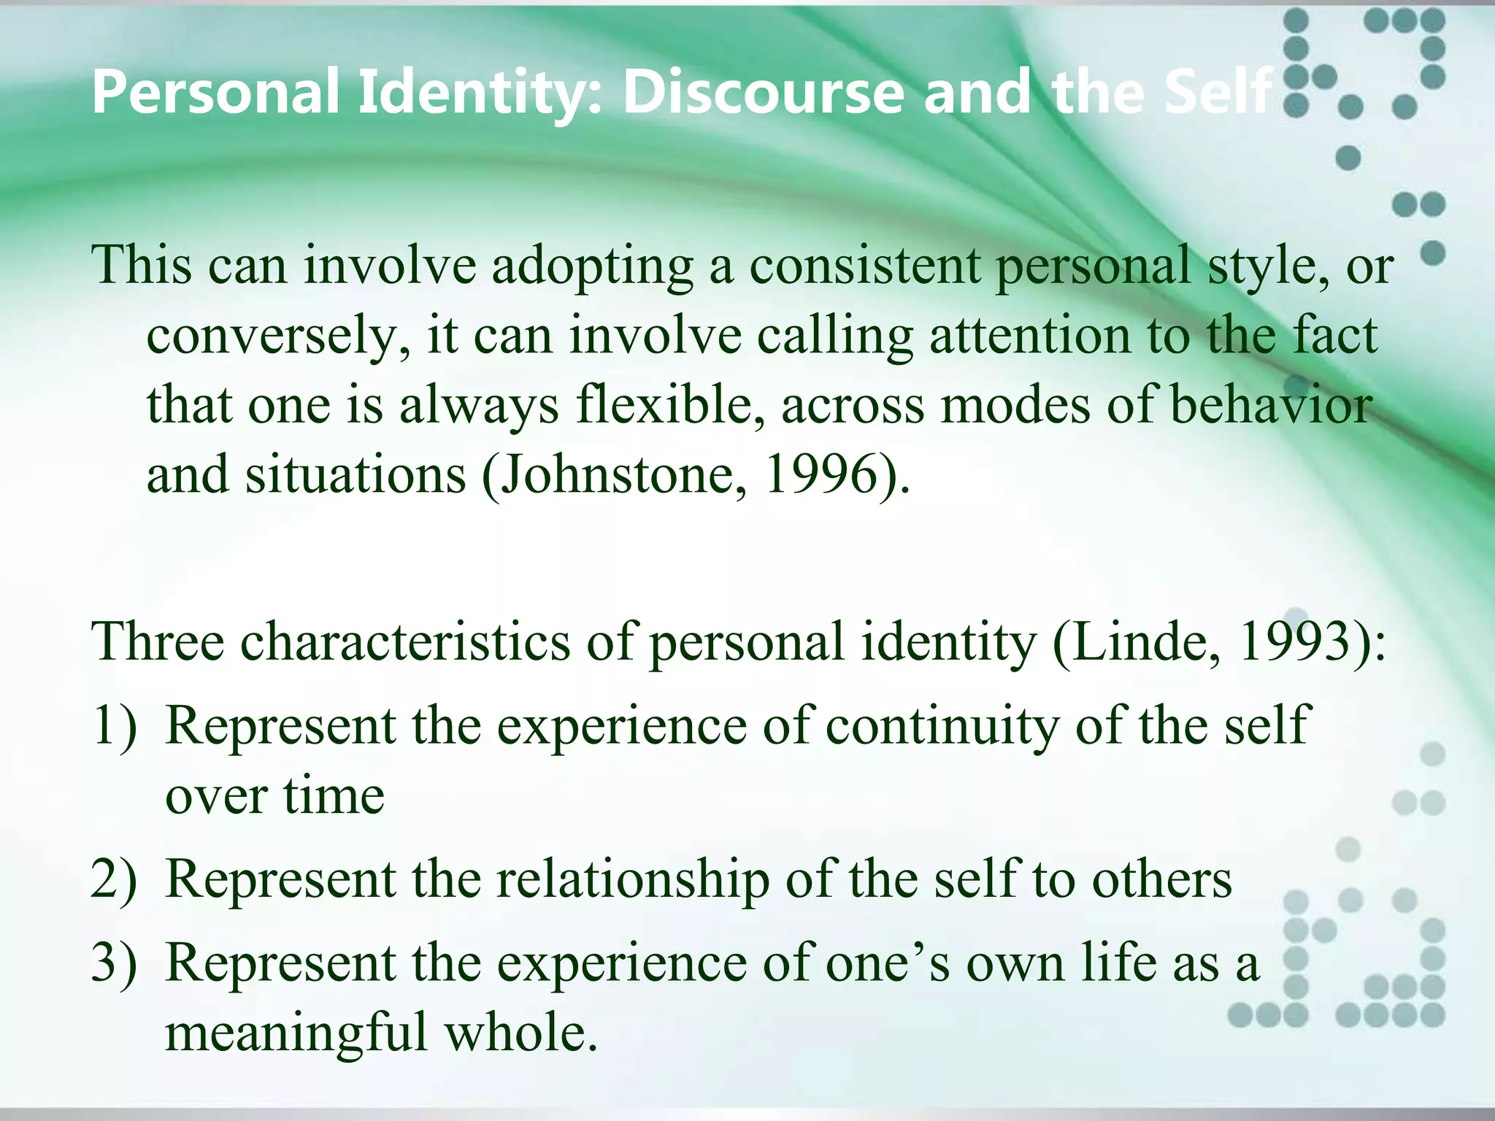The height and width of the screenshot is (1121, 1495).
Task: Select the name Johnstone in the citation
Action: click(x=622, y=475)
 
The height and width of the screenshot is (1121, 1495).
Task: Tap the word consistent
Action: click(x=865, y=266)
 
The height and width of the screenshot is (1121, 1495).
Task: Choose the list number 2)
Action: click(x=114, y=879)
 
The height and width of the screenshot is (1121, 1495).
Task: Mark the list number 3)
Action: click(x=114, y=963)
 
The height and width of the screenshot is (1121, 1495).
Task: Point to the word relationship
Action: click(x=632, y=879)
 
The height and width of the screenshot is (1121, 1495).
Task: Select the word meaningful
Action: click(x=296, y=1033)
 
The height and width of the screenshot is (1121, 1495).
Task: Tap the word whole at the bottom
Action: click(x=521, y=1032)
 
